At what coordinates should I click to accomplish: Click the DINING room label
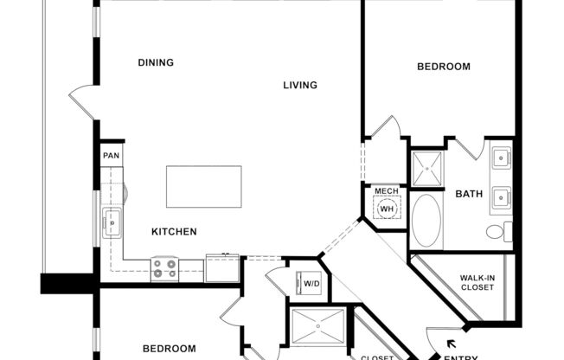pyautogui.click(x=156, y=62)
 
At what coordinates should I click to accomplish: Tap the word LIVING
pyautogui.click(x=300, y=85)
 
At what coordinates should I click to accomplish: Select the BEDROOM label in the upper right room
pyautogui.click(x=443, y=67)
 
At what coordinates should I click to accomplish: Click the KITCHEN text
pyautogui.click(x=175, y=232)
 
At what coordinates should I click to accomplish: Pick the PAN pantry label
pyautogui.click(x=111, y=156)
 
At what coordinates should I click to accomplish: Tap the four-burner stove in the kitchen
pyautogui.click(x=164, y=269)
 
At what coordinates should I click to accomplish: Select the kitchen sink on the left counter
pyautogui.click(x=112, y=222)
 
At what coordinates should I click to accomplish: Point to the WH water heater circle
pyautogui.click(x=387, y=209)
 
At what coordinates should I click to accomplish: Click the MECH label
pyautogui.click(x=386, y=191)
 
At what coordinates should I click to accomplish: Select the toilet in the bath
pyautogui.click(x=497, y=232)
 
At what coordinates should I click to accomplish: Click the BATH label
pyautogui.click(x=469, y=194)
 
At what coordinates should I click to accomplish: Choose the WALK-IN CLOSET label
pyautogui.click(x=477, y=282)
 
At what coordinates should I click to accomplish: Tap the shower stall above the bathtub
pyautogui.click(x=425, y=168)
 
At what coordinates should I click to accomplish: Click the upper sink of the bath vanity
pyautogui.click(x=501, y=158)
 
